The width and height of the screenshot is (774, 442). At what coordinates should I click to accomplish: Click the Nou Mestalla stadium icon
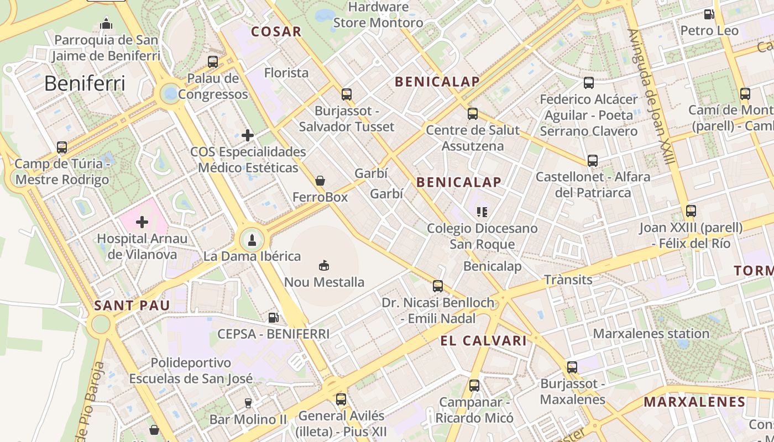324,266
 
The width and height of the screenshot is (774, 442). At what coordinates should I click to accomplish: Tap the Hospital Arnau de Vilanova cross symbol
142,222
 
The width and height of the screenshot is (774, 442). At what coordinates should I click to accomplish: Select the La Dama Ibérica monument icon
252,240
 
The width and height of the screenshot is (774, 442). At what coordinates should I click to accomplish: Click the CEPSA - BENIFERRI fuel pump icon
273,318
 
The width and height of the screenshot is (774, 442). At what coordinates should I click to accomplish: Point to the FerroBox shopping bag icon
320,181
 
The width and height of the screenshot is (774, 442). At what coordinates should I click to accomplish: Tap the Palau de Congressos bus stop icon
213,62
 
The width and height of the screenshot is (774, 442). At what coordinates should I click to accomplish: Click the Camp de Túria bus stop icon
62,148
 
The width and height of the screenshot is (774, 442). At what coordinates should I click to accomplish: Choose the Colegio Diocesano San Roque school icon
482,212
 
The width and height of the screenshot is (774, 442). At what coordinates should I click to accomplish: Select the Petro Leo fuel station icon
709,14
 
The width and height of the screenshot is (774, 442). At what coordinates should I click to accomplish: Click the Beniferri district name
85,83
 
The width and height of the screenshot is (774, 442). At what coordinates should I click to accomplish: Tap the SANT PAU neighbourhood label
132,306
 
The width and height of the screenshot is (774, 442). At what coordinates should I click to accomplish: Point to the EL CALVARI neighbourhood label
484,341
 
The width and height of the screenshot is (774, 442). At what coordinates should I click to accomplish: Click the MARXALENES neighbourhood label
695,402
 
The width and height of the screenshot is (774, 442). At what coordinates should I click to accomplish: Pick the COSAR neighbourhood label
276,31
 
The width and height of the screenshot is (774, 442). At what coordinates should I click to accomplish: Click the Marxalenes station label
651,334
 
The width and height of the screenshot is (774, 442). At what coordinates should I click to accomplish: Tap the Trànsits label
568,280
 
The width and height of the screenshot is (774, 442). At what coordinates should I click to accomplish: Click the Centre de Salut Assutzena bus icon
473,114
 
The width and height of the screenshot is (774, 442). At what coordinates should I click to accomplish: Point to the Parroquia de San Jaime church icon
106,24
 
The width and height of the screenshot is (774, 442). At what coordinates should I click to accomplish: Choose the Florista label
286,73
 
